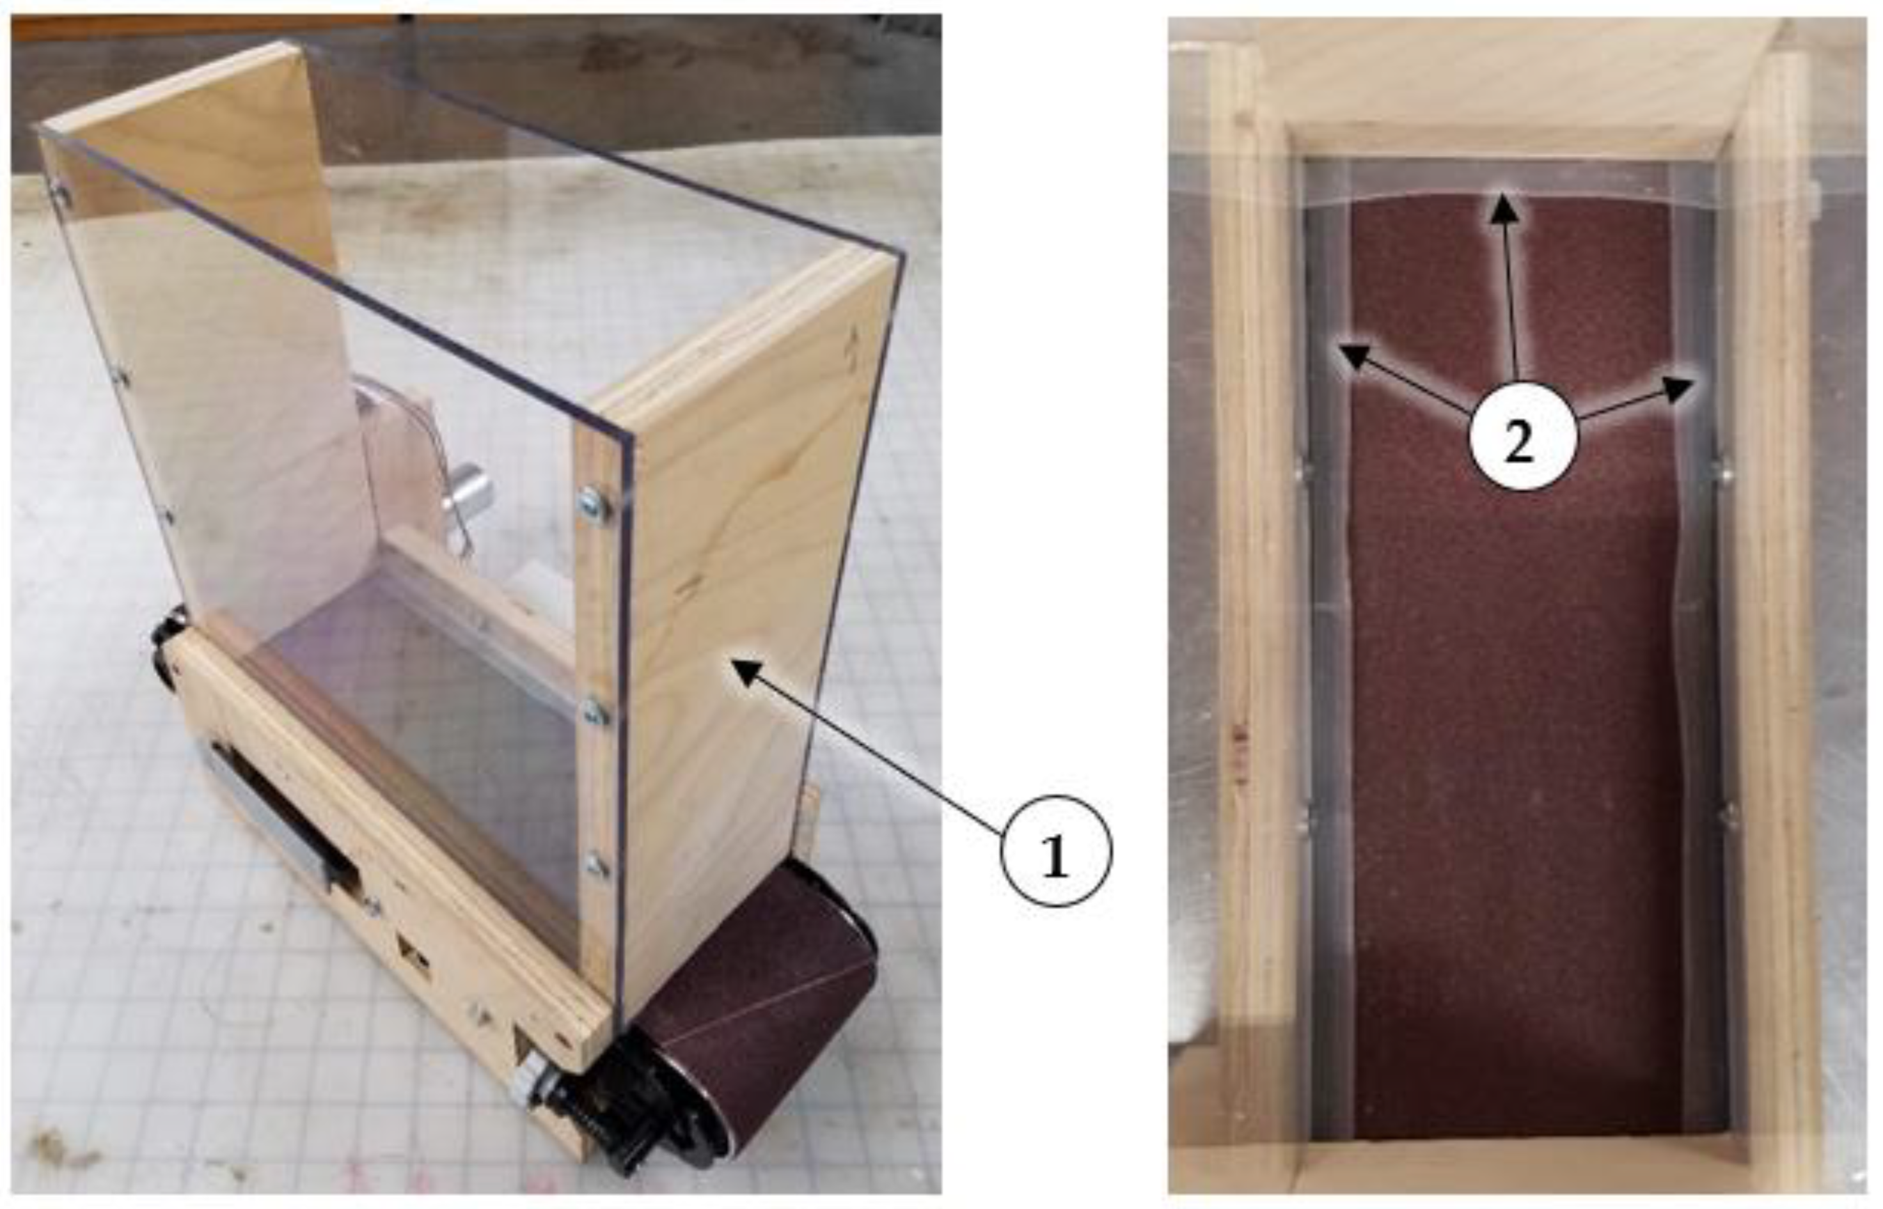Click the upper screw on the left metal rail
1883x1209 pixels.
coord(1298,472)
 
